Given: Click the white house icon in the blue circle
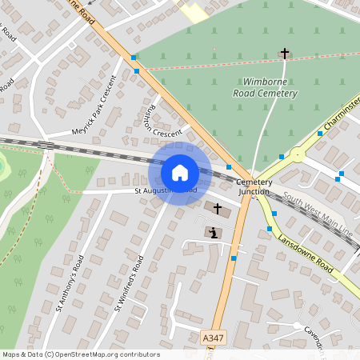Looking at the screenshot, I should tap(179, 172).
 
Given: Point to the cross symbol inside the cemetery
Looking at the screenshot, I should tap(284, 54).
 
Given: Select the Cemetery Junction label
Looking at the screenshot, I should tap(254, 186).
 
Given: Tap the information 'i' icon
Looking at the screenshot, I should tap(212, 233).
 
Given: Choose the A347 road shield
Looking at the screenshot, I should tap(213, 340).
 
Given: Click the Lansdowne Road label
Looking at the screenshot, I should tap(306, 253).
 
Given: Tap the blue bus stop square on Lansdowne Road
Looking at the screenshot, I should tap(274, 214).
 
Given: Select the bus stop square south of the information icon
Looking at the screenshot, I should tap(234, 258).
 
